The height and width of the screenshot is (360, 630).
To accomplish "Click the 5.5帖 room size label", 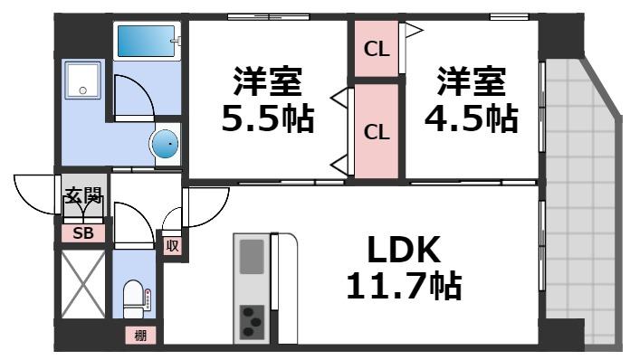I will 268,118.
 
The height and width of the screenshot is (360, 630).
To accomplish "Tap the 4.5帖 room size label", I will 472,118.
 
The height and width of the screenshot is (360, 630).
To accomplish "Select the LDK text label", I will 404,251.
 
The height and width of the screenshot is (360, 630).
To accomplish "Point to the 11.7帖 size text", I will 404,288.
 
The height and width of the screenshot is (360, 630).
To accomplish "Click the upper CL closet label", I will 377,49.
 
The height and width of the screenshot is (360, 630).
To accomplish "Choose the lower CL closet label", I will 377,132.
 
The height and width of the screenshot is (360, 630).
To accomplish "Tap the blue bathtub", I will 147,40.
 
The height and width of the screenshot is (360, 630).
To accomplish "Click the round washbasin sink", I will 165,143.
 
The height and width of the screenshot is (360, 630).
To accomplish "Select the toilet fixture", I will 135,297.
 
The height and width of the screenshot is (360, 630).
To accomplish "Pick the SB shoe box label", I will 83,233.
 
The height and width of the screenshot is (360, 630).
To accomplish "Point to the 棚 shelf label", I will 140,336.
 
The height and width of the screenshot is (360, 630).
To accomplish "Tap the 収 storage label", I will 171,244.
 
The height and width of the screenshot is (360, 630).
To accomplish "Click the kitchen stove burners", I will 252,320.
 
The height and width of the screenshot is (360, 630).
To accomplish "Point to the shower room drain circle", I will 82,90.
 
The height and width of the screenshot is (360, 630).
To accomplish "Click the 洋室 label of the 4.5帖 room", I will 472,81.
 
